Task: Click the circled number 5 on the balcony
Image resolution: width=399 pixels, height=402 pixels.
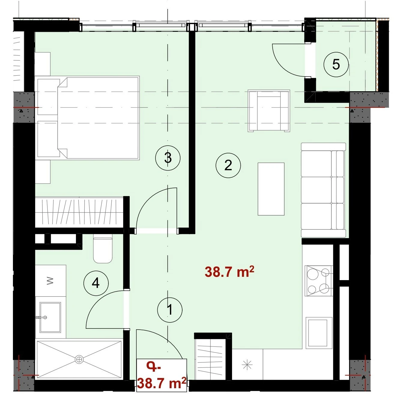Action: click(x=336, y=65)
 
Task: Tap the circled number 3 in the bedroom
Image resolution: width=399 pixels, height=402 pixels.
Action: click(x=168, y=158)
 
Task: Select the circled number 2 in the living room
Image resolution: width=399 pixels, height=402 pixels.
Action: click(x=228, y=165)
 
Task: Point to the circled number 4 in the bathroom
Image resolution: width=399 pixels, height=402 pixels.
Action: click(x=96, y=283)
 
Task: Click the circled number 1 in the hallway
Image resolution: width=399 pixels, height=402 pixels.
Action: click(x=170, y=310)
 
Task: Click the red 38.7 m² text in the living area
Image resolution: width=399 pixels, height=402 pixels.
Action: click(x=229, y=272)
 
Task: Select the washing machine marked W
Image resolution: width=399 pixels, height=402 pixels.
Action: click(x=50, y=281)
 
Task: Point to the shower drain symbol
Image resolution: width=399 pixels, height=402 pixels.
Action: click(x=79, y=359)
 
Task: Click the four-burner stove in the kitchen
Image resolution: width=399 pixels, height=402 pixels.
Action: click(x=319, y=281)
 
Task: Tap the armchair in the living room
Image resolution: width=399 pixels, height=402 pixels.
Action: click(x=269, y=111)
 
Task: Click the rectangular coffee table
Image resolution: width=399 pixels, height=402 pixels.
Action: click(x=271, y=189)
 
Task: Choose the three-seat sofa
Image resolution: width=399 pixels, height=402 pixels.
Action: click(x=323, y=190)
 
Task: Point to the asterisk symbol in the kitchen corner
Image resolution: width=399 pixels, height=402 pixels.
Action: click(x=247, y=365)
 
